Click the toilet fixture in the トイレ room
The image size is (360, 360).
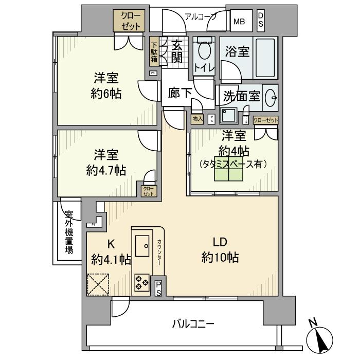pos(205,51)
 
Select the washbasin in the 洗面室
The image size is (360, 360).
pos(271,98)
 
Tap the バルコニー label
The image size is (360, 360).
pos(193,324)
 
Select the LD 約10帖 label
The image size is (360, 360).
pos(220,250)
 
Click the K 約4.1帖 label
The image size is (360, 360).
pos(111,251)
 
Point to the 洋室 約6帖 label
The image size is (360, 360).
pos(106,86)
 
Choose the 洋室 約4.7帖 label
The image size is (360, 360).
pos(106,162)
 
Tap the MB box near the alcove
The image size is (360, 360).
pos(240,22)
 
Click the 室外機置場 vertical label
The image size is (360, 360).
pos(68,233)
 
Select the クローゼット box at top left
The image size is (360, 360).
pos(129,20)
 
